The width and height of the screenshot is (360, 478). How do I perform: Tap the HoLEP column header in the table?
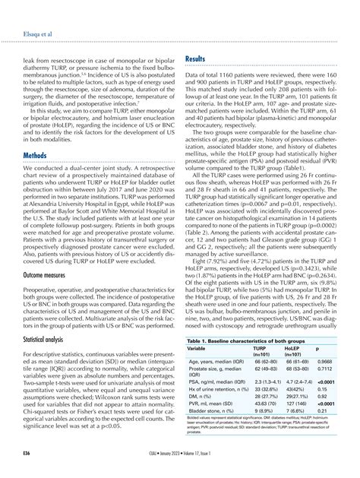coord(295,350)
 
